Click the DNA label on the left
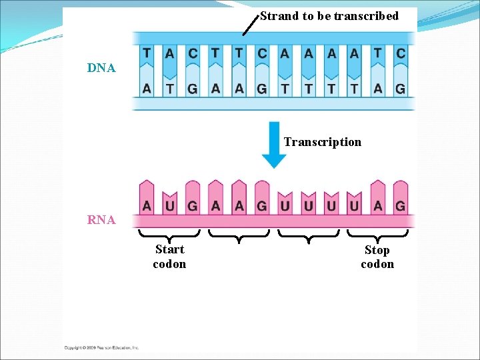click(x=101, y=68)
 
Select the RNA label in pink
click(x=101, y=220)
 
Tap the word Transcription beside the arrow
click(x=322, y=142)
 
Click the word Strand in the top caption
click(x=279, y=16)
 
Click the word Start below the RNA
click(x=169, y=249)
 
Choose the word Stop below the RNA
click(x=377, y=250)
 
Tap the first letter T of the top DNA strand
click(x=147, y=53)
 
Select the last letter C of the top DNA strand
click(x=400, y=53)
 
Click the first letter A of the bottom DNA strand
click(x=147, y=89)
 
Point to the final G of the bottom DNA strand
click(x=400, y=89)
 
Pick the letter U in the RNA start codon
click(x=169, y=206)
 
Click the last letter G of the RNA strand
click(x=400, y=206)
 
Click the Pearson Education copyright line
click(x=101, y=347)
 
